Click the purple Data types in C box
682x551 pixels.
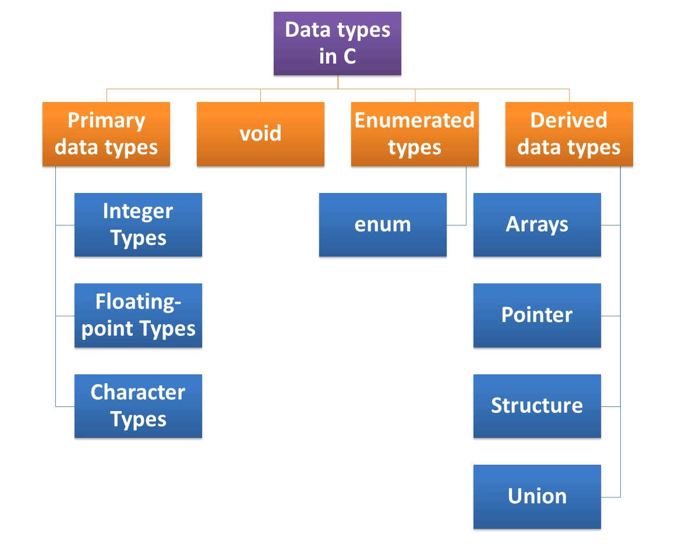click(x=337, y=44)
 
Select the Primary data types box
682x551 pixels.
click(x=106, y=134)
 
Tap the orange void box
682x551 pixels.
click(x=260, y=134)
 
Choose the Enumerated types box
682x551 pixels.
click(x=415, y=134)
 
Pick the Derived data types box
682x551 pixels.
click(x=569, y=134)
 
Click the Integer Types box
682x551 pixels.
click(x=138, y=224)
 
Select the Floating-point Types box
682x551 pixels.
click(x=138, y=315)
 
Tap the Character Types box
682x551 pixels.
click(x=138, y=406)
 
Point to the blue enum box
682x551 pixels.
click(x=383, y=224)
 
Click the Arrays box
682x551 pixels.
click(x=537, y=224)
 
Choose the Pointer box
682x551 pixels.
click(x=537, y=315)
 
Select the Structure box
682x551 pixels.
click(x=537, y=406)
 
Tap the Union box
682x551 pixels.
click(x=537, y=496)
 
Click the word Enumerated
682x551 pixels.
click(x=415, y=121)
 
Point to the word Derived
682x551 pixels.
click(x=569, y=121)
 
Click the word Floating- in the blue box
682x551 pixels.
click(x=138, y=302)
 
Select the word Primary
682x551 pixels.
click(x=106, y=121)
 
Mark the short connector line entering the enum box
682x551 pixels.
click(x=457, y=224)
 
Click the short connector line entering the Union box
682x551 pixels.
click(x=610, y=497)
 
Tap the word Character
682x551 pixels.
click(x=138, y=392)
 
